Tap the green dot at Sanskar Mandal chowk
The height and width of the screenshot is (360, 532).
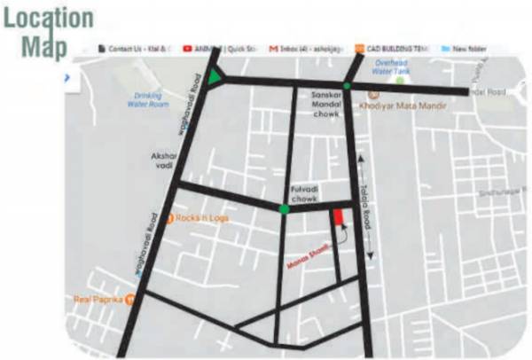point(347,86)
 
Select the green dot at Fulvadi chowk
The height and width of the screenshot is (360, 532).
point(283,209)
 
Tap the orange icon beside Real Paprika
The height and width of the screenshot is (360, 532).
point(130,300)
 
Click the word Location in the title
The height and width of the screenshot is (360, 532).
point(48,18)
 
